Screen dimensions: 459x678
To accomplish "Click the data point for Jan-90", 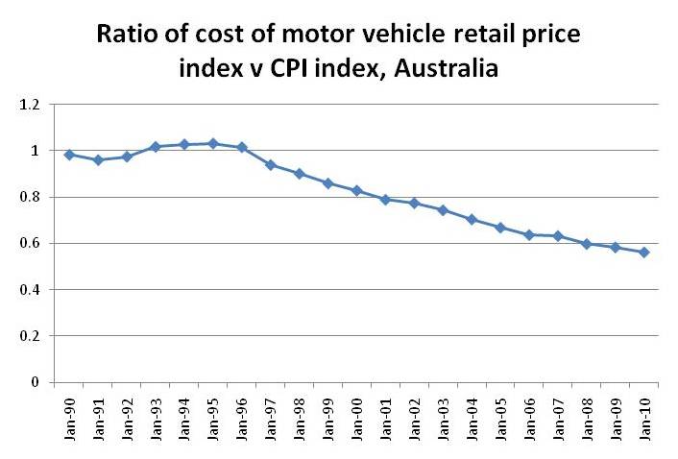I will (x=68, y=155).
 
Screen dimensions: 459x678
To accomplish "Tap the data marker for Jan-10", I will (x=644, y=253).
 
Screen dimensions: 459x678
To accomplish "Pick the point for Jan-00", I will (x=356, y=191).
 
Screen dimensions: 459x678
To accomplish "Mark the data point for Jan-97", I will (x=270, y=165).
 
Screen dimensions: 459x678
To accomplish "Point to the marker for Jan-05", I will (x=500, y=228).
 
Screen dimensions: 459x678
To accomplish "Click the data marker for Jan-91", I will (x=97, y=160).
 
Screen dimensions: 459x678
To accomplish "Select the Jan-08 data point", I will (x=587, y=244).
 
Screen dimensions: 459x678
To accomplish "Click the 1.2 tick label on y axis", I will (x=30, y=105).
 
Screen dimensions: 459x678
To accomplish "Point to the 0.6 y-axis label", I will (x=30, y=244).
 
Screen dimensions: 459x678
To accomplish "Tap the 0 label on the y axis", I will (x=35, y=382).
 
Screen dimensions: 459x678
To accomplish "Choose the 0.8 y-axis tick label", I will (x=30, y=198).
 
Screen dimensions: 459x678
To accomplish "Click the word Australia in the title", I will (x=449, y=70).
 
